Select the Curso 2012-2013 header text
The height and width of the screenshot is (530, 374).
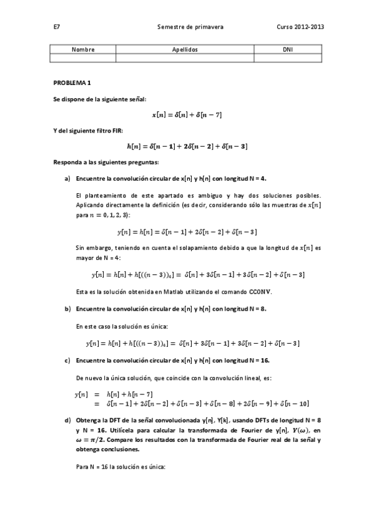click(300, 27)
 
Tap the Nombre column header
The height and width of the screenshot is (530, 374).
click(83, 49)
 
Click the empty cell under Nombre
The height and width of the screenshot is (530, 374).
click(83, 57)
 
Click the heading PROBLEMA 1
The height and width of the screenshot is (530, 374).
click(72, 82)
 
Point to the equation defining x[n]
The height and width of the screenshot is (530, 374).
click(187, 115)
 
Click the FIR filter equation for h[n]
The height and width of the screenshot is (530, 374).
click(187, 146)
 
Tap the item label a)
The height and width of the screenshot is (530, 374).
click(67, 178)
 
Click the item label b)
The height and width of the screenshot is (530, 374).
click(67, 309)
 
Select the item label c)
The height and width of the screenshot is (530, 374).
click(67, 361)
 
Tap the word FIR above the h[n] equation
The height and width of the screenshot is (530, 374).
click(116, 130)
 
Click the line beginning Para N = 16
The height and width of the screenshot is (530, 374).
click(120, 466)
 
